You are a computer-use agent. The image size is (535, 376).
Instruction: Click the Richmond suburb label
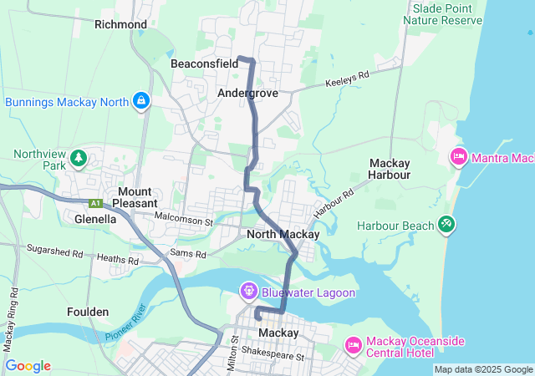(x=120, y=24)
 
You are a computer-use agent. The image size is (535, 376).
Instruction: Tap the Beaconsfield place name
(x=205, y=64)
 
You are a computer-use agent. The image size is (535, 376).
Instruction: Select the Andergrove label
(x=247, y=94)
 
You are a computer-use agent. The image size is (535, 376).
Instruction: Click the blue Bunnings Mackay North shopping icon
(x=141, y=102)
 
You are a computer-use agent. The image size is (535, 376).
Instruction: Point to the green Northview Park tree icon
(x=79, y=157)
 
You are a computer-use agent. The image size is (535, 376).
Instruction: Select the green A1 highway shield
(x=96, y=203)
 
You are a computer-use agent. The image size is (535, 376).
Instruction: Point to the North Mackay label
(x=283, y=235)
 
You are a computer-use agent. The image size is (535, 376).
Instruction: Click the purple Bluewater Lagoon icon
(x=248, y=292)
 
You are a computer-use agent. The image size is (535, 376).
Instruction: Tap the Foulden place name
(x=88, y=312)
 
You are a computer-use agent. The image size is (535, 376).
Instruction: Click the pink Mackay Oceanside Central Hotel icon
(x=353, y=345)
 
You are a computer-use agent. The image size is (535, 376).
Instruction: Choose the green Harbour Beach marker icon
(x=446, y=225)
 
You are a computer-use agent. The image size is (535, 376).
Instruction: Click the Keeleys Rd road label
(x=347, y=80)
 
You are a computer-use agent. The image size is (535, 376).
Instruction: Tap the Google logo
(x=28, y=366)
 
